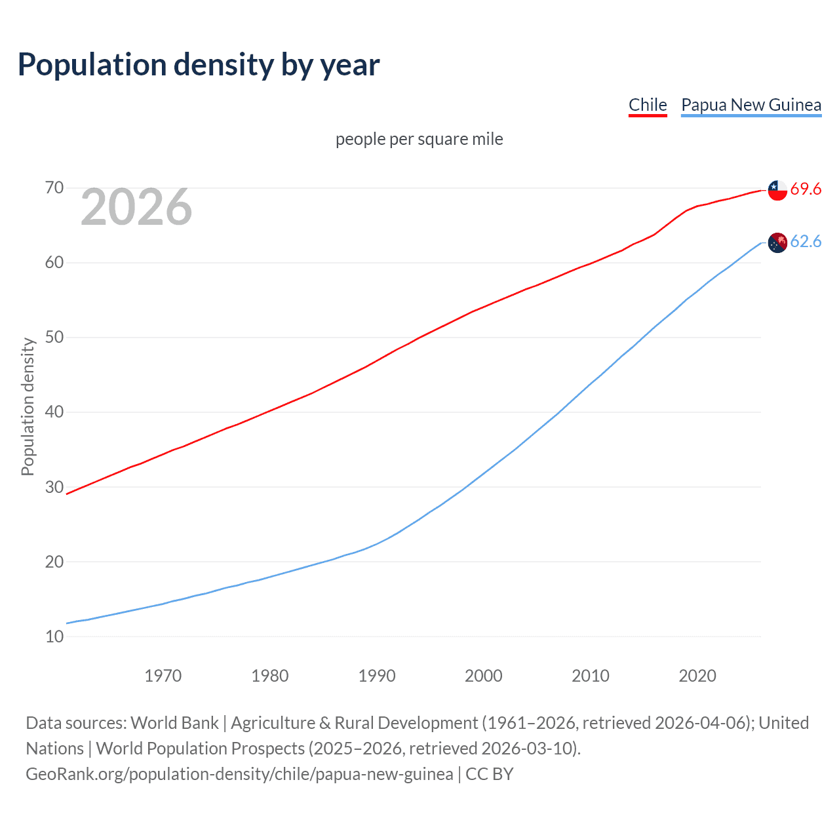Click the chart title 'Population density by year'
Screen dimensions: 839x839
point(199,65)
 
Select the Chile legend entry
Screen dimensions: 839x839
point(648,105)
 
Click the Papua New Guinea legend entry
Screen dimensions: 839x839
point(751,105)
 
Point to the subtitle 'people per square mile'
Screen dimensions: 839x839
point(419,139)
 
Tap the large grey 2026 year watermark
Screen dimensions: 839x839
point(136,207)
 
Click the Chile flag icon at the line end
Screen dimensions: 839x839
point(777,189)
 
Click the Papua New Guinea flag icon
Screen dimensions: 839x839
point(777,243)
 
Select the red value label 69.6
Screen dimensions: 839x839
point(806,189)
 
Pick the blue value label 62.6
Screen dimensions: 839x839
point(806,242)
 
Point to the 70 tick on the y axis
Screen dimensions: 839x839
point(54,188)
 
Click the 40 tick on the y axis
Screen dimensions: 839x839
point(54,412)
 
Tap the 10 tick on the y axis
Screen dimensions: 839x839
point(54,636)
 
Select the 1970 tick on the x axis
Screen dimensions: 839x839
point(163,676)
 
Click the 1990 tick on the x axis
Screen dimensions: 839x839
point(377,676)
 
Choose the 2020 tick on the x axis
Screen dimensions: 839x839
point(697,676)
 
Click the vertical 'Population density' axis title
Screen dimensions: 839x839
point(28,406)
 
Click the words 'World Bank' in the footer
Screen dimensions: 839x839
point(174,723)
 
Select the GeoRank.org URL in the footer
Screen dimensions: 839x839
point(239,774)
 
